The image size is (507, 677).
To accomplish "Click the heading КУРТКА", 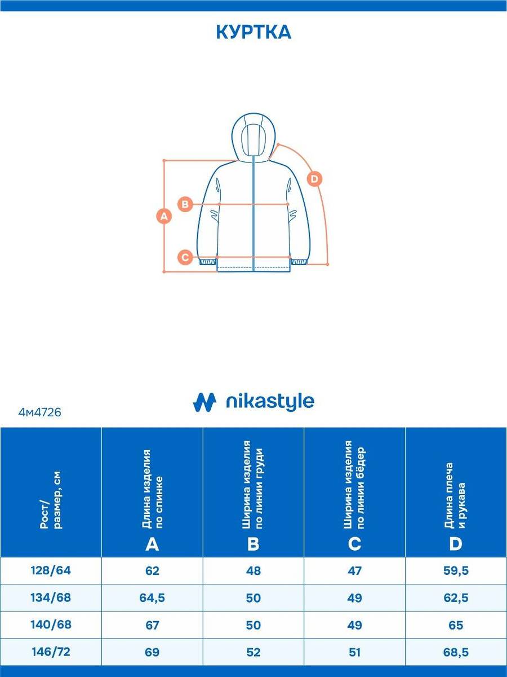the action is click(x=253, y=32).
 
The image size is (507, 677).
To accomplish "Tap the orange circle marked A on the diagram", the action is click(x=164, y=216).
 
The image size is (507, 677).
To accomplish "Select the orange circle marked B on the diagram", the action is click(x=185, y=204).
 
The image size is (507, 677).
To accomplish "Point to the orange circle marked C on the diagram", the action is click(x=185, y=257).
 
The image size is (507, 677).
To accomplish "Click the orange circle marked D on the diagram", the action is click(x=314, y=179).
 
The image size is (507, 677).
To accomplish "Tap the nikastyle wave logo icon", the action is click(x=204, y=402).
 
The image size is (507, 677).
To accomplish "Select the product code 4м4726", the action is click(x=39, y=412).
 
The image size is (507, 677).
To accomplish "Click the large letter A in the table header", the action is click(x=152, y=544).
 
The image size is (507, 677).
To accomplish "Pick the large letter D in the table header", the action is click(x=456, y=544).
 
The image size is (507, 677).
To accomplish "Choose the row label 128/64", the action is click(x=51, y=570).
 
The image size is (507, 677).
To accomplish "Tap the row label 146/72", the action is click(x=51, y=652).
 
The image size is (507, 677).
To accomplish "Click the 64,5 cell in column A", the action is click(x=152, y=597).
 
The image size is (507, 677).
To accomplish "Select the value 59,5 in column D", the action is click(x=456, y=570).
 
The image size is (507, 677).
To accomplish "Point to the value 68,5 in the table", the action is click(x=456, y=652).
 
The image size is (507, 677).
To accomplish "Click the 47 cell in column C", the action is click(x=355, y=570).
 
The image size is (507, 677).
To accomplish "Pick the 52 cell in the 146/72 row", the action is click(x=253, y=652).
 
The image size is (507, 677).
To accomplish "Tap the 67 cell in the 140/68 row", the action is click(x=152, y=625).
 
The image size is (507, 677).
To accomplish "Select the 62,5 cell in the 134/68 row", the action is click(x=456, y=597).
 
